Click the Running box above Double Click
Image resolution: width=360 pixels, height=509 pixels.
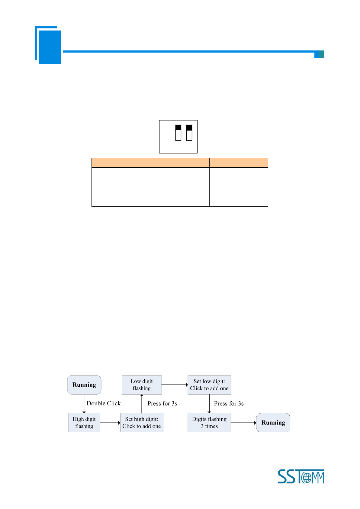click(x=84, y=385)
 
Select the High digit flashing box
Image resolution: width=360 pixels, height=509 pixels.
click(x=84, y=423)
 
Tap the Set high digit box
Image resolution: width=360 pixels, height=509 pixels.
click(x=142, y=423)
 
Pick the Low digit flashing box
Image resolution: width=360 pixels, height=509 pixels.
click(x=142, y=385)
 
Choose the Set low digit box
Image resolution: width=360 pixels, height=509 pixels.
click(x=209, y=385)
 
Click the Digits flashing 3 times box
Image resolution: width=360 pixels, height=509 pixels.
click(x=209, y=423)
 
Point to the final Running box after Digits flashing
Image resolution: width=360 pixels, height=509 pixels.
click(x=273, y=423)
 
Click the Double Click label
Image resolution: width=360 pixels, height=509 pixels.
click(x=104, y=404)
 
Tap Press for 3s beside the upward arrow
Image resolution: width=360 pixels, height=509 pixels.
click(x=162, y=404)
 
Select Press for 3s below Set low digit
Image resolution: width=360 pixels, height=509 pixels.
click(x=229, y=404)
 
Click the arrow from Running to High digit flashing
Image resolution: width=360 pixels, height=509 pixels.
click(x=84, y=404)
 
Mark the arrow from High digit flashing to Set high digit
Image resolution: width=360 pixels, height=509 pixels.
click(x=110, y=423)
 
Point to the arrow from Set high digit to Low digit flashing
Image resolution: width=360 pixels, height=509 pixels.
click(x=142, y=404)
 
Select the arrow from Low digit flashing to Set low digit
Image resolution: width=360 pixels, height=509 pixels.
click(x=175, y=385)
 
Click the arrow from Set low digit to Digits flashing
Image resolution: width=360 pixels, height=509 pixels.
click(x=209, y=404)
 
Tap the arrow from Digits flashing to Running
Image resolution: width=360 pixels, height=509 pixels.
click(x=243, y=423)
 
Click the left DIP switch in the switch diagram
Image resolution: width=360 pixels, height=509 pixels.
click(x=178, y=133)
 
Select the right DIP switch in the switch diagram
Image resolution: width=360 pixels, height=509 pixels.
click(x=189, y=133)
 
